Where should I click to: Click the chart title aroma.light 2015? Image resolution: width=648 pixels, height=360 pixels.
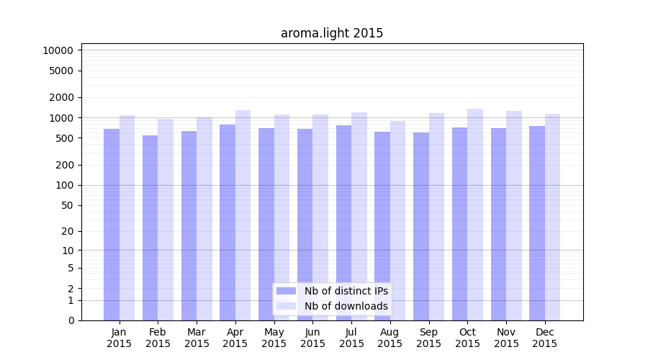tap(331, 33)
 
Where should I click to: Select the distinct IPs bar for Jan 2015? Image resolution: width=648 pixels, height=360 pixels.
tap(112, 224)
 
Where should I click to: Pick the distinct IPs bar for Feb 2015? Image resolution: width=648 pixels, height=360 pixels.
tap(150, 228)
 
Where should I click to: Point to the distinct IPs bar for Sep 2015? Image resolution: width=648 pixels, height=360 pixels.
tap(421, 226)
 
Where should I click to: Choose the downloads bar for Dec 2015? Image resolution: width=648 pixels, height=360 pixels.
tap(552, 217)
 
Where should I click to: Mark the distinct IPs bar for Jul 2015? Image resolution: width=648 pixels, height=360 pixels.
tap(343, 222)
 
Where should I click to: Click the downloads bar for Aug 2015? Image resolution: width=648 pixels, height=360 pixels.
tap(397, 220)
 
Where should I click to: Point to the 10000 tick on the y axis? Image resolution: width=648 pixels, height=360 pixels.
tap(58, 50)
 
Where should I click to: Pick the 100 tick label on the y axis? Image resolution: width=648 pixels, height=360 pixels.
tap(64, 185)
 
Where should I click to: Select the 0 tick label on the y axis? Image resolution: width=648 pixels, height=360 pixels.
tap(71, 320)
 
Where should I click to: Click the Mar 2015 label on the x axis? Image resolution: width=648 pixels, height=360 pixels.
tap(197, 338)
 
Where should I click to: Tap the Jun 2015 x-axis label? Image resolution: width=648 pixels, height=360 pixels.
tap(312, 338)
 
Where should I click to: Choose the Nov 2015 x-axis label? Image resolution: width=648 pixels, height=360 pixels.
tap(506, 338)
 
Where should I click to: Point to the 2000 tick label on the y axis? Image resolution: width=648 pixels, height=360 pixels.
tap(60, 97)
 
